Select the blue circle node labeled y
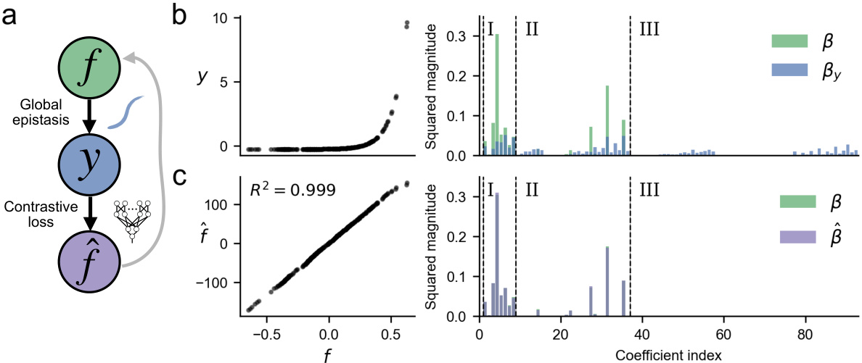(86, 168)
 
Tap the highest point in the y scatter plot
(406, 24)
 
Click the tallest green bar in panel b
(497, 94)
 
